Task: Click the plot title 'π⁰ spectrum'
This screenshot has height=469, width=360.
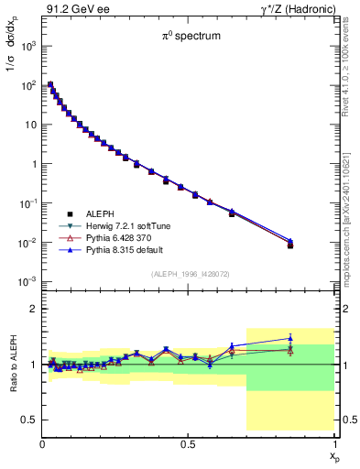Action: click(189, 38)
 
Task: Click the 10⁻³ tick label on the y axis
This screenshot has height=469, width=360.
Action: click(29, 281)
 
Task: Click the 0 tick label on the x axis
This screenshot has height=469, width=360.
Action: click(42, 444)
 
